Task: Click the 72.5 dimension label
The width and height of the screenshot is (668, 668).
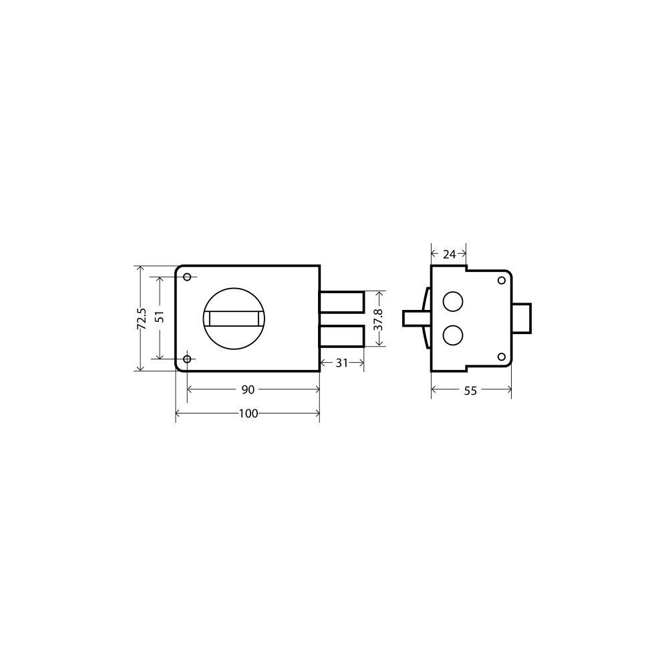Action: pos(142,318)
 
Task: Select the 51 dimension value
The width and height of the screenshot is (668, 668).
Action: pos(160,316)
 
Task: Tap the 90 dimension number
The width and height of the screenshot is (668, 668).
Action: pos(248,389)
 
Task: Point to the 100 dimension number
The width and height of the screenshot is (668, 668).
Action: pos(248,413)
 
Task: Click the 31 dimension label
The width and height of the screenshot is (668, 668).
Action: pos(341,363)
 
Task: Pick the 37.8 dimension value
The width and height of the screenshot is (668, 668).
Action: pos(378,319)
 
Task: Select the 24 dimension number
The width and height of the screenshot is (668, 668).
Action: pos(449,255)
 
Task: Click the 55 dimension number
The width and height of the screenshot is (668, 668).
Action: pos(470,391)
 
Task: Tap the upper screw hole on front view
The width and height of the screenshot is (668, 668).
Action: pos(186,277)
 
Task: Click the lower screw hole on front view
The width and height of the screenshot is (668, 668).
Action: pos(186,359)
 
